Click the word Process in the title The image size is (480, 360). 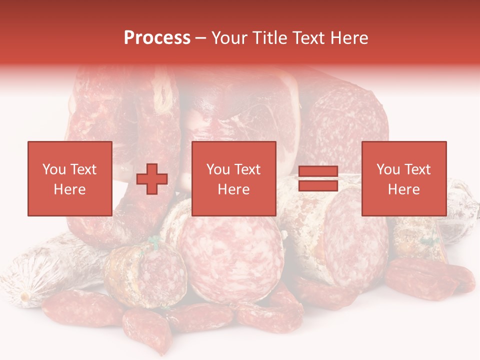[x=157, y=38]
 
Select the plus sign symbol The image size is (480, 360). [x=152, y=179]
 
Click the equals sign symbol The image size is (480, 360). [x=318, y=178]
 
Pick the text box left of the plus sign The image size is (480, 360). [x=70, y=178]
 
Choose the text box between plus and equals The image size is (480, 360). [x=233, y=178]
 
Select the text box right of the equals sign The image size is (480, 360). [x=404, y=178]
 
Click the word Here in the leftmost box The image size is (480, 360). [x=69, y=189]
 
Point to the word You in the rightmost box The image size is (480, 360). [x=388, y=169]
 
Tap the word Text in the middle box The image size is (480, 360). [x=248, y=169]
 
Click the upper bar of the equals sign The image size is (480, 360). [x=318, y=171]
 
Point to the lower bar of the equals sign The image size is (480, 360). [x=318, y=185]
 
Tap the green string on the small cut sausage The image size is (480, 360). [x=154, y=243]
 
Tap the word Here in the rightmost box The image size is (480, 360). [x=403, y=189]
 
